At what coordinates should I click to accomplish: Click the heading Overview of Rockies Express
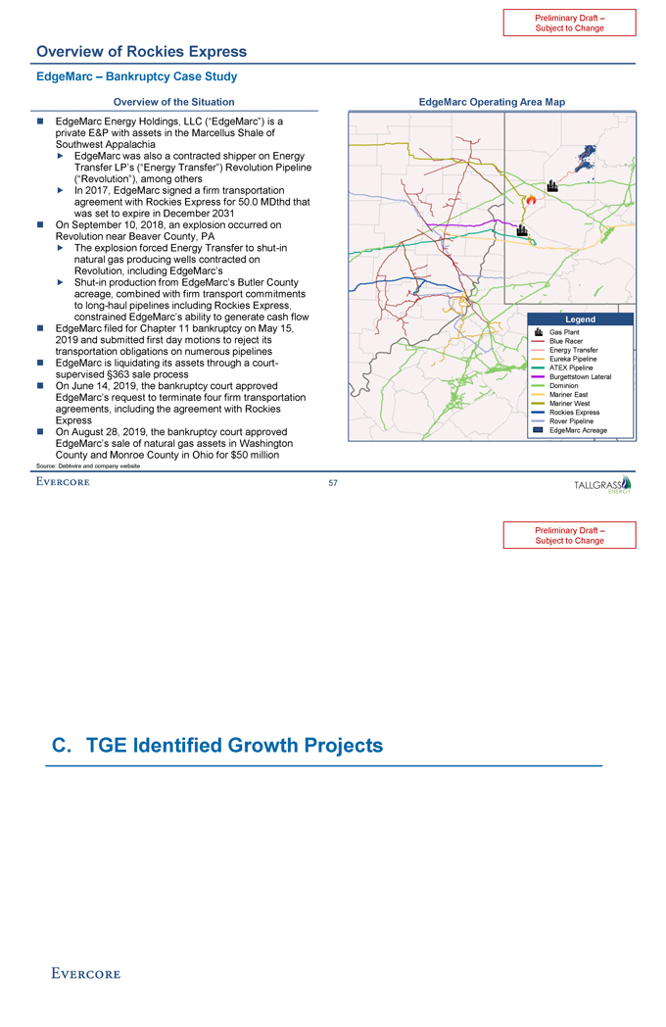141,51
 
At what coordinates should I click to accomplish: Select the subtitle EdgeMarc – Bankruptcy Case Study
137,76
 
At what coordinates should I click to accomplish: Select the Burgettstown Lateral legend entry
580,377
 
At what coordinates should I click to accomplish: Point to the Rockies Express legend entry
574,413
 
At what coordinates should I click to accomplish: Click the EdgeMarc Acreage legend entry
578,431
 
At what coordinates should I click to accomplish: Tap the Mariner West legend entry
569,404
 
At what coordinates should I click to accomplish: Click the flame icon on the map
532,200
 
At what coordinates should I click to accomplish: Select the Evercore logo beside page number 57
64,482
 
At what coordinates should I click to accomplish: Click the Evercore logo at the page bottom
87,973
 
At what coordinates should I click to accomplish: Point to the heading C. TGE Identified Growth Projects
216,747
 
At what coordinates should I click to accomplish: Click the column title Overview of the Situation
174,102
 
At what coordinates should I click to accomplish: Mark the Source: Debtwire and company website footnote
87,465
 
